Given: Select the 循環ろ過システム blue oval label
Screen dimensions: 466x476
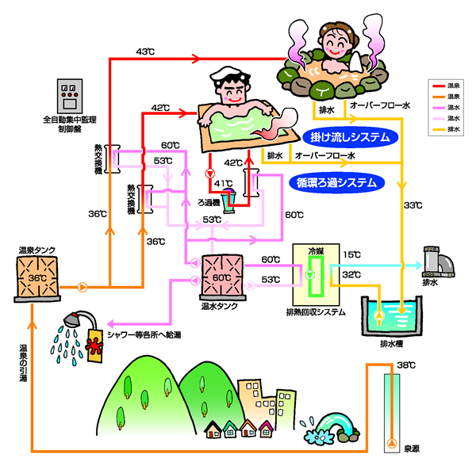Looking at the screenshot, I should click(336, 181).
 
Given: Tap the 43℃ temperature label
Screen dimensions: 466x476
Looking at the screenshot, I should click(145, 52).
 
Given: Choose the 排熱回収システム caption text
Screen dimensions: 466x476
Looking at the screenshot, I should click(315, 312).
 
